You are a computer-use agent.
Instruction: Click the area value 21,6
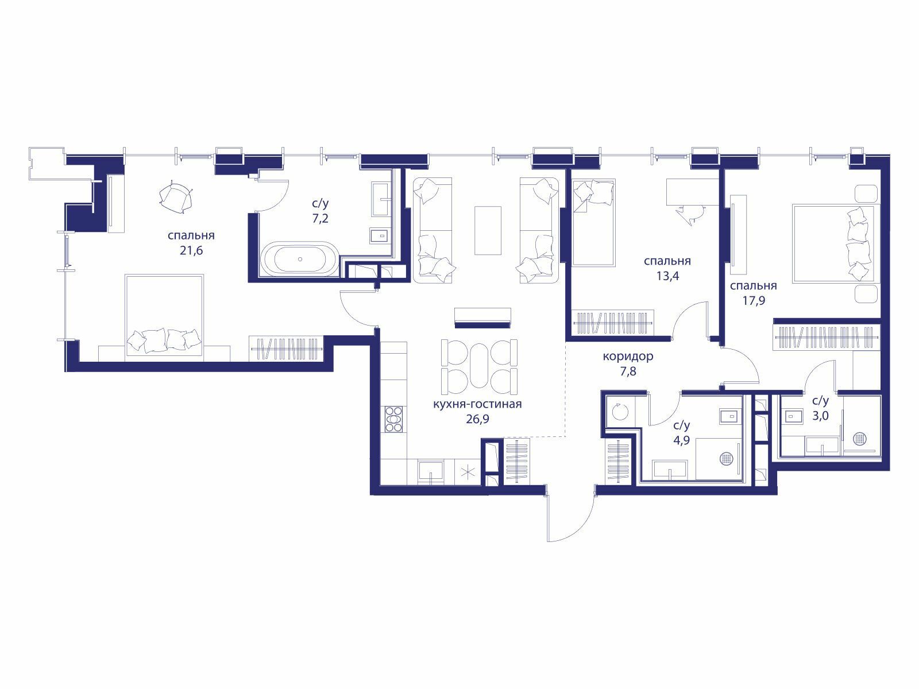pyautogui.click(x=191, y=250)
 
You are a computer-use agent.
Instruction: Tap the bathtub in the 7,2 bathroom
pyautogui.click(x=300, y=259)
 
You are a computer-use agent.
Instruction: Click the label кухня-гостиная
pyautogui.click(x=477, y=404)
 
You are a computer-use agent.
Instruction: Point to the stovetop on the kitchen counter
pyautogui.click(x=393, y=419)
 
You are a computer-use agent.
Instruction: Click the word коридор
pyautogui.click(x=628, y=357)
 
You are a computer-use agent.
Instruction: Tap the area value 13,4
pyautogui.click(x=667, y=276)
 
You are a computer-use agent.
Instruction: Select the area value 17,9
pyautogui.click(x=754, y=301)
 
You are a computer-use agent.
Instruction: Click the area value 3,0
pyautogui.click(x=821, y=416)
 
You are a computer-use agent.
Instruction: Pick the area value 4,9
pyautogui.click(x=682, y=440)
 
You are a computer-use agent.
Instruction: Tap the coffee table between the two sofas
pyautogui.click(x=488, y=230)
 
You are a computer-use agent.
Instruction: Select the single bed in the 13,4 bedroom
pyautogui.click(x=594, y=223)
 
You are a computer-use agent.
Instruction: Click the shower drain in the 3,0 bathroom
pyautogui.click(x=859, y=439)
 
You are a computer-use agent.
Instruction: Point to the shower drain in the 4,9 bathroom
pyautogui.click(x=727, y=458)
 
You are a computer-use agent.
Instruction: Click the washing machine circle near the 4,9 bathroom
pyautogui.click(x=620, y=412)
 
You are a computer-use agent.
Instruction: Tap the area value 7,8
pyautogui.click(x=628, y=371)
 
